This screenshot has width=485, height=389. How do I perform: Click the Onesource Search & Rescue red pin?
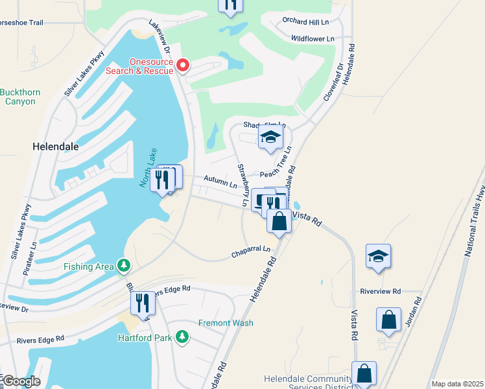(183, 65)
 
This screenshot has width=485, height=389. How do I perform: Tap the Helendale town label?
(56, 147)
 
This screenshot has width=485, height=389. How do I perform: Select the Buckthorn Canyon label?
(20, 97)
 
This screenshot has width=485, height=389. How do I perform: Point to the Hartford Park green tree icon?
(183, 337)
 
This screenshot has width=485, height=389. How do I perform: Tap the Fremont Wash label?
(225, 323)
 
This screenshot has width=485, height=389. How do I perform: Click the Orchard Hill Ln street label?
(306, 21)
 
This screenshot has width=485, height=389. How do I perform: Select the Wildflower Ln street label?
(313, 39)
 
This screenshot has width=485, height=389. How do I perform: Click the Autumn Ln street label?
(220, 182)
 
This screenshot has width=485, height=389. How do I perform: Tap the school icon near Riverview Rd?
(378, 256)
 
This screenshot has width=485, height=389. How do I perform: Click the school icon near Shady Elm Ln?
(271, 137)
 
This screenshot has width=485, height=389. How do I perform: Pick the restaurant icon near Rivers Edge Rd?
(143, 303)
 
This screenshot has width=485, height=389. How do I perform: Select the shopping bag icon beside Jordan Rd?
(388, 320)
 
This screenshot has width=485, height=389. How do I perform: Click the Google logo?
(21, 381)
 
